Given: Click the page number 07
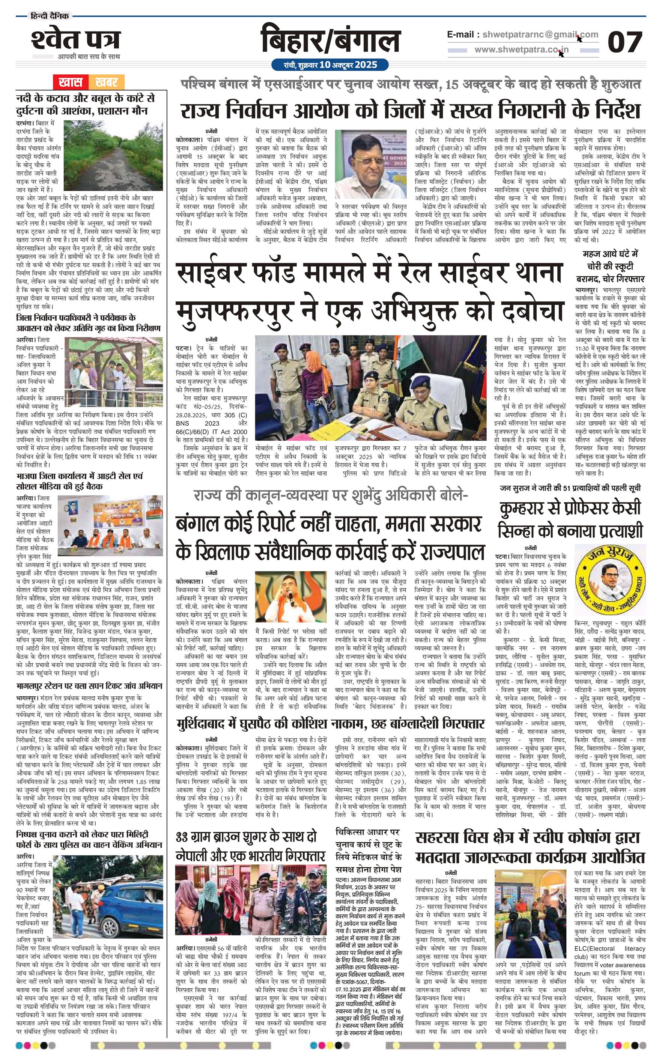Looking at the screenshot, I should [624, 42].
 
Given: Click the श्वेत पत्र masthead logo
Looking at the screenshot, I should [75, 40].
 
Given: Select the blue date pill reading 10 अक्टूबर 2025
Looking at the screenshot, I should [330, 65].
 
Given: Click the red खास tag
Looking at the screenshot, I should [71, 82].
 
